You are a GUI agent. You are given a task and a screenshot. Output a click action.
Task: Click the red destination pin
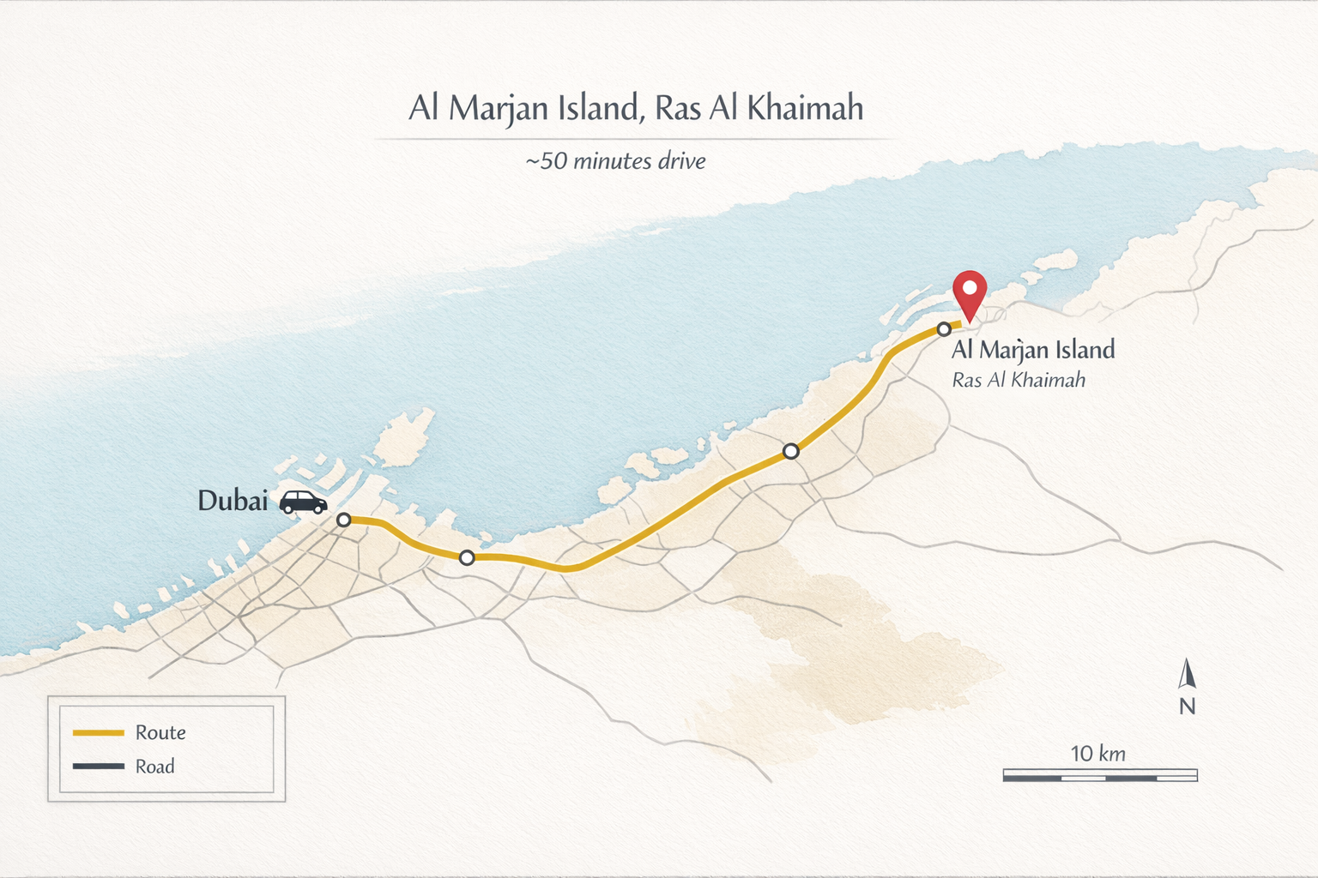[x=970, y=293]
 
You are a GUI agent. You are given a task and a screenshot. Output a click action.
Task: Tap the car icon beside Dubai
[x=303, y=502]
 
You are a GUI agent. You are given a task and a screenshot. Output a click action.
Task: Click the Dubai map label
[x=233, y=501]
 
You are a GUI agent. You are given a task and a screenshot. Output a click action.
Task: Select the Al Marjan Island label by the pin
[x=1033, y=350]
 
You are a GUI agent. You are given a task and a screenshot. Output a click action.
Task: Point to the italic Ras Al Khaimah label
[x=1019, y=380]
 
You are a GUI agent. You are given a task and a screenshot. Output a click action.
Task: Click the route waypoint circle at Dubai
[x=343, y=520]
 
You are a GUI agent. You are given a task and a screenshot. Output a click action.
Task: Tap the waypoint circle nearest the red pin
[x=944, y=329]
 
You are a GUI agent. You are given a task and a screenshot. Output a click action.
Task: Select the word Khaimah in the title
[x=805, y=109]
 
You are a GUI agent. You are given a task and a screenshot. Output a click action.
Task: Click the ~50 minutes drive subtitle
[x=615, y=161]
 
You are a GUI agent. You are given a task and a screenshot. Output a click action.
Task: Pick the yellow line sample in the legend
[x=99, y=733]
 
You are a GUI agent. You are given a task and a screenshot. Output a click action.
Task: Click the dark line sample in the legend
[x=99, y=767]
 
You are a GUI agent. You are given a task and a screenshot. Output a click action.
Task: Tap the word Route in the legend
[x=160, y=733]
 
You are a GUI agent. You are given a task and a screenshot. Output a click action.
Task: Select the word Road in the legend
[x=155, y=767]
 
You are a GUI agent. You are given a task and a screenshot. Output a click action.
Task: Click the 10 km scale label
[x=1097, y=754]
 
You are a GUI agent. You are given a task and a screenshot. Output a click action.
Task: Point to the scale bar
[x=1100, y=776]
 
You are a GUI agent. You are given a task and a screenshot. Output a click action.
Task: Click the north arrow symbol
[x=1187, y=675]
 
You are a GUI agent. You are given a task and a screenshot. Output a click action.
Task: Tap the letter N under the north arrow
[x=1187, y=707]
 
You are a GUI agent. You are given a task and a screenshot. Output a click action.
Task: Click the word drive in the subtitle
[x=681, y=161]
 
